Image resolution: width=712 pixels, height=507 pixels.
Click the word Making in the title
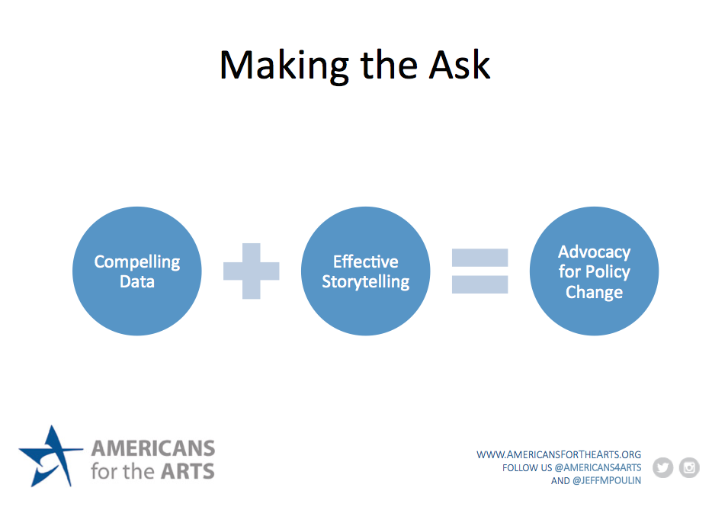click(x=284, y=66)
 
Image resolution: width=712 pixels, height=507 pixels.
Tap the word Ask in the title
click(x=460, y=65)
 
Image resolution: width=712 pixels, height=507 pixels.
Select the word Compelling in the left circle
click(x=137, y=262)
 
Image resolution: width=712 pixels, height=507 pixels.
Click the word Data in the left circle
click(x=137, y=281)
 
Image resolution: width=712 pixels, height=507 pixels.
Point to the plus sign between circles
click(x=251, y=271)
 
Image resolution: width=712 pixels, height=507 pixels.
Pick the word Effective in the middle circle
click(x=366, y=262)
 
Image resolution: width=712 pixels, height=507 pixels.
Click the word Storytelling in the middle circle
click(x=366, y=282)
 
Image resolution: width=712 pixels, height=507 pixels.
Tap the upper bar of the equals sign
click(x=480, y=258)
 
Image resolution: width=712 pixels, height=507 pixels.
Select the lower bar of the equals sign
click(x=480, y=284)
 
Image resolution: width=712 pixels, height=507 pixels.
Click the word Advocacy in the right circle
click(x=595, y=252)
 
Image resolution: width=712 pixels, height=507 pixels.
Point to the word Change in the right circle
click(x=595, y=292)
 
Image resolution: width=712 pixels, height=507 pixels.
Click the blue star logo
click(x=50, y=456)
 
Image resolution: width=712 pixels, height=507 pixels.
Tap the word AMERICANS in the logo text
click(x=153, y=448)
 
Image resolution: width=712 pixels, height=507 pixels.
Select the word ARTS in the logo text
click(x=188, y=472)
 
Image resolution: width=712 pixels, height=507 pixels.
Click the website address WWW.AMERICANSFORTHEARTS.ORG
click(x=559, y=454)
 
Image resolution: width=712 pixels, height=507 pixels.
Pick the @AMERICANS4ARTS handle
click(x=598, y=468)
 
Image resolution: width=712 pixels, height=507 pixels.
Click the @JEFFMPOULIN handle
click(x=607, y=480)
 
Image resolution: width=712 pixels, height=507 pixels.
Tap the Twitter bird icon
click(x=663, y=467)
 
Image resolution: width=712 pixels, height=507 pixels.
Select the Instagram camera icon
click(x=689, y=467)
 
